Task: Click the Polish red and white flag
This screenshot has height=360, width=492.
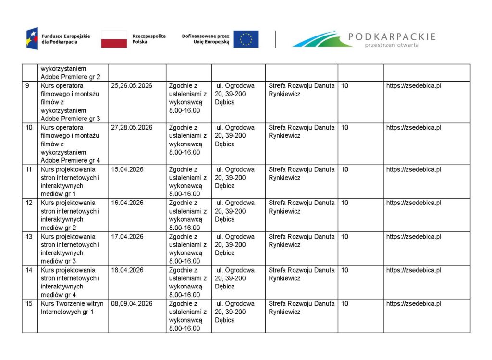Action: (114, 39)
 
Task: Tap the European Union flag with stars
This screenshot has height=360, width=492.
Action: (246, 39)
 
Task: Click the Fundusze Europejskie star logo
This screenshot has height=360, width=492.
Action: (32, 39)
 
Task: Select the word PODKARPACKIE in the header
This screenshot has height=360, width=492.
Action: (392, 36)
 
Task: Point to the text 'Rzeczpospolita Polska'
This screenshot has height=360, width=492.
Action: (149, 39)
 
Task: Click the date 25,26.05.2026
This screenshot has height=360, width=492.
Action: (132, 86)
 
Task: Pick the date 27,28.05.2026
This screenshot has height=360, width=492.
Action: (132, 128)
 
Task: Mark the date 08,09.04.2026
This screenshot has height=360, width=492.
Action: (132, 304)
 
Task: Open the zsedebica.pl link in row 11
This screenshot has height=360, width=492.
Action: (414, 169)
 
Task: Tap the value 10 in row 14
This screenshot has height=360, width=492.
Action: (344, 270)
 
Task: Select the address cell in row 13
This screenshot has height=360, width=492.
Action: (235, 245)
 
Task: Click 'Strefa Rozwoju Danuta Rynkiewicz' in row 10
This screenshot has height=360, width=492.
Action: (301, 132)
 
